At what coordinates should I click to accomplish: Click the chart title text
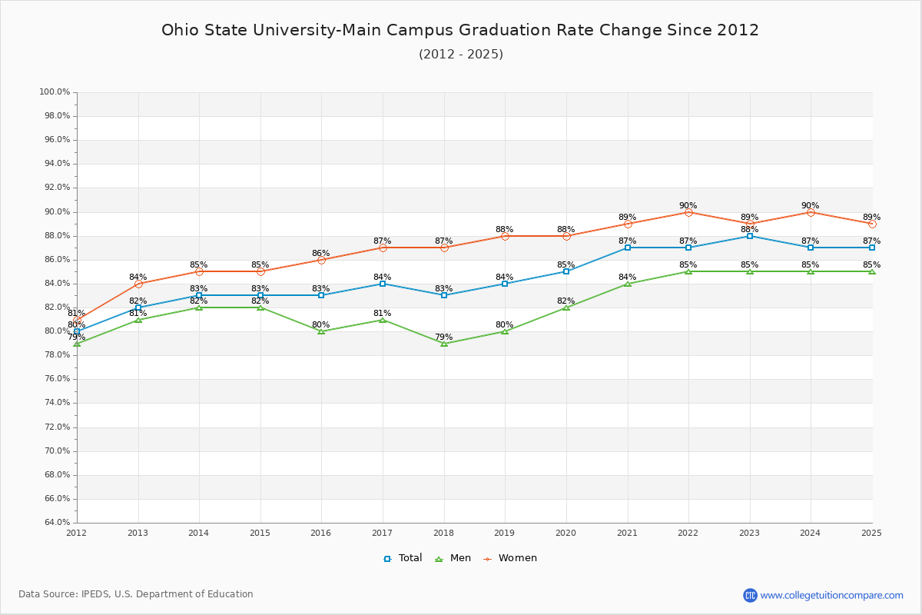coord(460,30)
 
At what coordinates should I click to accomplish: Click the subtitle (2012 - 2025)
coord(460,55)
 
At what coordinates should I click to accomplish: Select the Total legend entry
coord(403,558)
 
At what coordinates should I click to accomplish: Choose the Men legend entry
coord(454,558)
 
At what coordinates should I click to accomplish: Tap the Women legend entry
coord(510,558)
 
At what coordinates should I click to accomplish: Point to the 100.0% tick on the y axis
coord(55,92)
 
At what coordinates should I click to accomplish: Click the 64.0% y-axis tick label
coord(55,523)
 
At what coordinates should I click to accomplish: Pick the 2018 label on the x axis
coord(443,533)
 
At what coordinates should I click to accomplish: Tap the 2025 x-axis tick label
coord(871,533)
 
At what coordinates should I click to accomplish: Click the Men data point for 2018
coord(444,344)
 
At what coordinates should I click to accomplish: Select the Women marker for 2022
coord(688,212)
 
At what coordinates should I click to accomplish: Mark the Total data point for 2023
coord(750,236)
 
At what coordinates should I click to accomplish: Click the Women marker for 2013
coord(138,284)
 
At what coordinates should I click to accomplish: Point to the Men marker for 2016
coord(321,331)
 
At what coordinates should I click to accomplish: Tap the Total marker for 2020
coord(566,271)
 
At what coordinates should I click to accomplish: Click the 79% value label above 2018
coord(443,337)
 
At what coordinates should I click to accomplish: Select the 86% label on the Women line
coord(321,253)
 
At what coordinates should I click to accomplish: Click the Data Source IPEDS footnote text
coord(136,594)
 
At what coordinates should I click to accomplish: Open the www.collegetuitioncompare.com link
coord(831,595)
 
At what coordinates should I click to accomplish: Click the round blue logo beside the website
coord(750,595)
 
